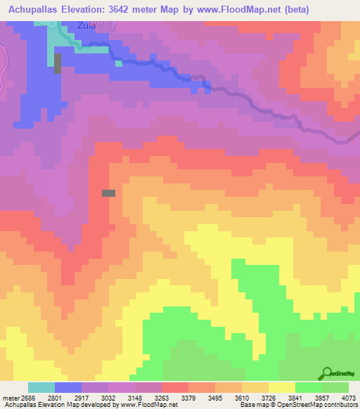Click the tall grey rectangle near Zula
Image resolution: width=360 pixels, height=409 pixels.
click(58, 63)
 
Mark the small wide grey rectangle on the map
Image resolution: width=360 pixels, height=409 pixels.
click(109, 193)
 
